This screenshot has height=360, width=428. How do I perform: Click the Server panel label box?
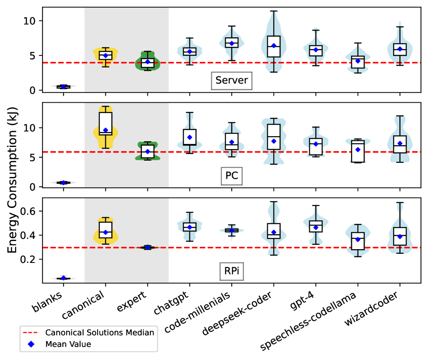click(231, 81)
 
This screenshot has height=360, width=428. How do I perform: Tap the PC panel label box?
click(232, 176)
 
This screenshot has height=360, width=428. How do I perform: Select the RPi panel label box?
click(232, 271)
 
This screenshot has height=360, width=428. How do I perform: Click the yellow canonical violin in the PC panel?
click(105, 129)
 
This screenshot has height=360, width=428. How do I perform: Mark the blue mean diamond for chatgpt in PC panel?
click(190, 137)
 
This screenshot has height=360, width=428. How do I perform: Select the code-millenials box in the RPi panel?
click(232, 230)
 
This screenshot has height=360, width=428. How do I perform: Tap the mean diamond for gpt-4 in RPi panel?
click(316, 227)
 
